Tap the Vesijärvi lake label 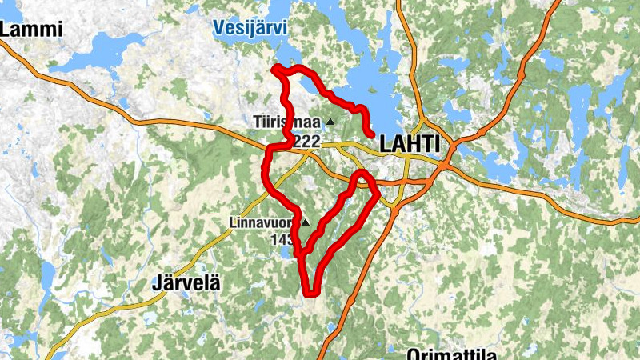(x=250, y=28)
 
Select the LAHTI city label (x=410, y=144)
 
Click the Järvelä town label (x=185, y=282)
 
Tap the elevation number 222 (x=306, y=142)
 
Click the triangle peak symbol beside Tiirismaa (x=330, y=122)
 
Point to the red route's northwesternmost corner (x=276, y=69)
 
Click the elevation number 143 (x=281, y=238)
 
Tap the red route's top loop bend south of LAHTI (x=362, y=172)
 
